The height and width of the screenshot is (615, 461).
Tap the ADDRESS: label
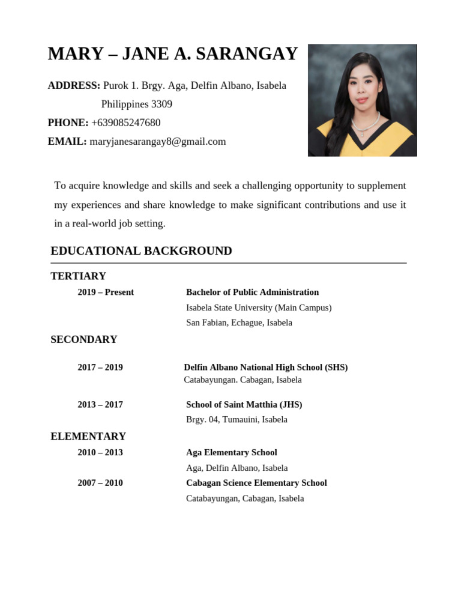[x=74, y=85]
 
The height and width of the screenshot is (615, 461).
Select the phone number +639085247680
[x=126, y=123]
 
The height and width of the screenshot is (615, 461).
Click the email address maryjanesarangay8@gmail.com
[x=158, y=141]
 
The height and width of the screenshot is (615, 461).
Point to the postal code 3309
[x=161, y=104]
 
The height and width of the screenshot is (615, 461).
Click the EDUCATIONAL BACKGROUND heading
[x=141, y=250]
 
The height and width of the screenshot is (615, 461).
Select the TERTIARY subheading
[x=78, y=276]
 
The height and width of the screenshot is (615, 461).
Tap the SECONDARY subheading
[x=83, y=339]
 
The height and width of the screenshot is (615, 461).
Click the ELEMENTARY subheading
[x=88, y=436]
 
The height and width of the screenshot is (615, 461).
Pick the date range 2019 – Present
[x=106, y=292]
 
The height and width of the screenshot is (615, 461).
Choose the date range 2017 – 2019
[x=100, y=367]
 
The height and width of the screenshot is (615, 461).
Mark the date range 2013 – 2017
[x=100, y=404]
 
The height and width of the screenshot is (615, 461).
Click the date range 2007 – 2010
[x=100, y=483]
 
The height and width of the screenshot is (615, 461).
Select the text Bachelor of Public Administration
[x=252, y=292]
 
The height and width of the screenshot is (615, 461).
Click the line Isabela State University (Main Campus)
[x=259, y=307]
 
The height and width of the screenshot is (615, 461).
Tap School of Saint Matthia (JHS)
[x=244, y=404]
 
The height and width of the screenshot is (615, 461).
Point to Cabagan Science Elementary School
[x=256, y=483]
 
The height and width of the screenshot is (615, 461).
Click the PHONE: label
[x=68, y=123]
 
